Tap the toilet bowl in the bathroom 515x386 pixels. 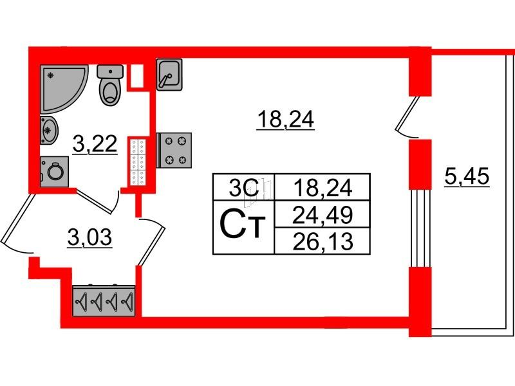(110, 85)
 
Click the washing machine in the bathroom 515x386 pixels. (55, 172)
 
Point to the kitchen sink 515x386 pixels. (169, 75)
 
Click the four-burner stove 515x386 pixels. (174, 151)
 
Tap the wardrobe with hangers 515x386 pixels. (104, 300)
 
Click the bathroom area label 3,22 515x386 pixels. (95, 145)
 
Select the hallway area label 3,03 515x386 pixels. (89, 237)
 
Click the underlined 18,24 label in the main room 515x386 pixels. (285, 120)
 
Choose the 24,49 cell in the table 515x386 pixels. (323, 215)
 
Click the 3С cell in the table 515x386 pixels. (243, 188)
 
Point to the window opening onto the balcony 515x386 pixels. (420, 228)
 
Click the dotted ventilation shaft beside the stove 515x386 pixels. (138, 161)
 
